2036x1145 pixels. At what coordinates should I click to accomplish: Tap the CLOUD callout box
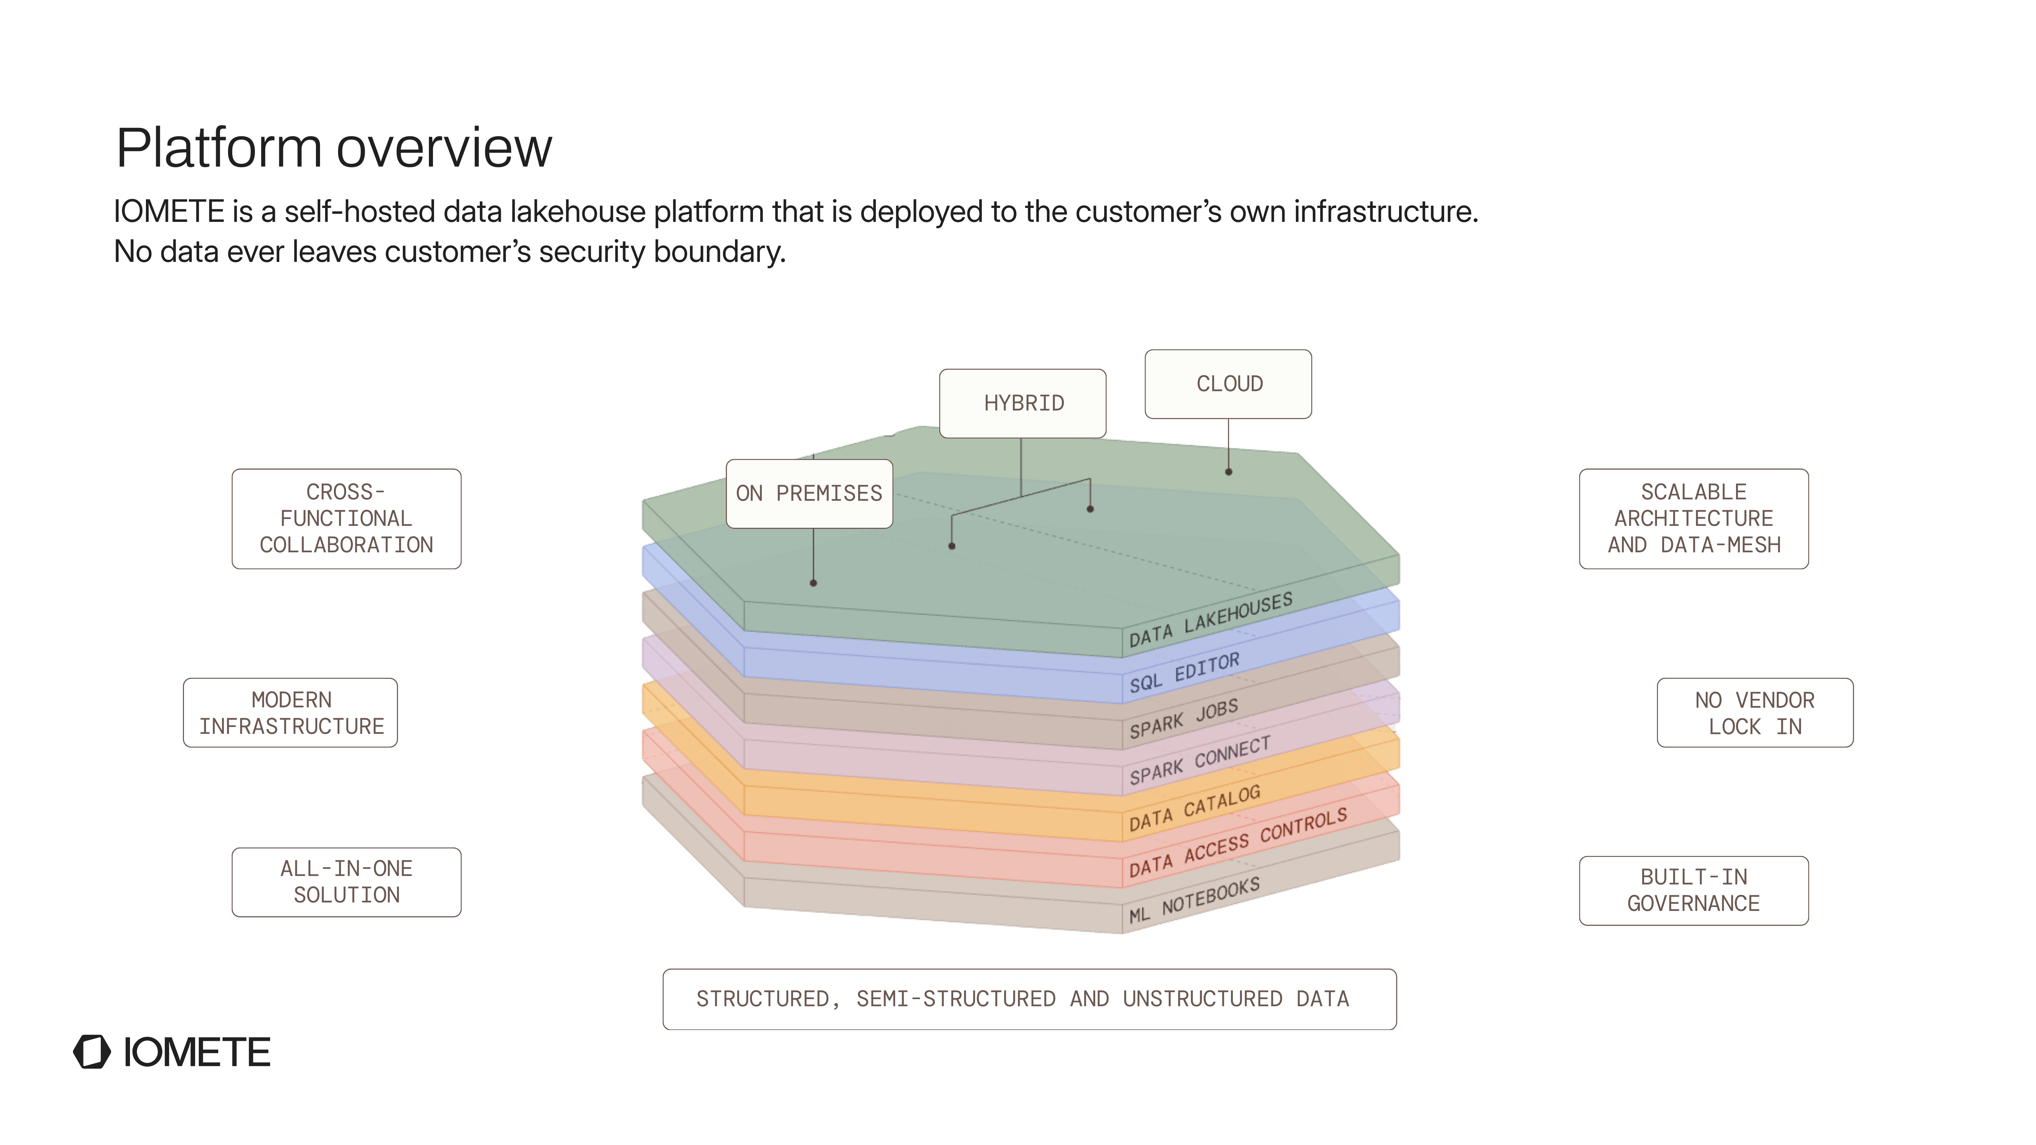tap(1228, 384)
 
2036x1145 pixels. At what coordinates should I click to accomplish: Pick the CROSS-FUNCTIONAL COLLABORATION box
tap(346, 519)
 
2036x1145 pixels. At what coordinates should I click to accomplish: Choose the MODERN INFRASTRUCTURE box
tap(291, 713)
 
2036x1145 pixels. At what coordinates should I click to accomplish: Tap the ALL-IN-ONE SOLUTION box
tap(346, 883)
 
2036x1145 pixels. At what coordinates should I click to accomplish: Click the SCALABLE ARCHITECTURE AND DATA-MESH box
tap(1694, 519)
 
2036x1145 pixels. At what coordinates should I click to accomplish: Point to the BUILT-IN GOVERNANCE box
tap(1694, 891)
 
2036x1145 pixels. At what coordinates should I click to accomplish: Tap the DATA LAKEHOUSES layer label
tap(1210, 619)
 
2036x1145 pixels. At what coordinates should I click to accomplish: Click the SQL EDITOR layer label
tap(1184, 673)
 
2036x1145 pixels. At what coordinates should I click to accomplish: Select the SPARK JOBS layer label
tap(1183, 719)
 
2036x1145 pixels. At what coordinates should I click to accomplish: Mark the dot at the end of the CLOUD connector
tap(1228, 472)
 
